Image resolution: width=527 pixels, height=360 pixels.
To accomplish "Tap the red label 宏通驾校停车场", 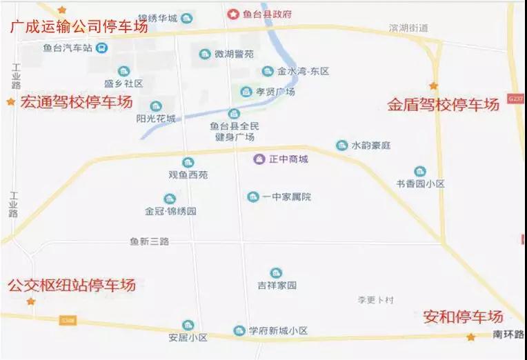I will click(76, 102).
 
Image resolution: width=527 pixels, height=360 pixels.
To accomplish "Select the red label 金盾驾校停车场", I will click(442, 105).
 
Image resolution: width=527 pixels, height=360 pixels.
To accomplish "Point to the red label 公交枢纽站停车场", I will click(71, 285).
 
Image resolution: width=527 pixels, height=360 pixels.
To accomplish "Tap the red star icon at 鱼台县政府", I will click(233, 14).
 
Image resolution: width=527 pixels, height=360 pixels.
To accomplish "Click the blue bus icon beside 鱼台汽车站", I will click(101, 48).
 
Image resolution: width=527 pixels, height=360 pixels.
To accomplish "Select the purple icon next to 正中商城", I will click(259, 159).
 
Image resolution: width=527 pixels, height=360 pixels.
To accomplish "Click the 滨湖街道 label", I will click(408, 28).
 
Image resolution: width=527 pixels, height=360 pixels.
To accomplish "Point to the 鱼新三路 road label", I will click(149, 241).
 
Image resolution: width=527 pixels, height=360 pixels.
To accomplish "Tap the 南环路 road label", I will click(508, 334).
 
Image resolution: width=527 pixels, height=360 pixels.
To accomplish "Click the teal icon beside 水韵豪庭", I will click(341, 146).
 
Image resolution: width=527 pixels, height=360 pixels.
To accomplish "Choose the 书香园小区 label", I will click(420, 184).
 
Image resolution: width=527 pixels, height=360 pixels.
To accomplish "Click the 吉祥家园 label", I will click(277, 285).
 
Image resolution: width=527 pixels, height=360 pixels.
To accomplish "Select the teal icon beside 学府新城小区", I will click(239, 330).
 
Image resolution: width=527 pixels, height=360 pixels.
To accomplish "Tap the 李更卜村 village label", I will click(375, 300).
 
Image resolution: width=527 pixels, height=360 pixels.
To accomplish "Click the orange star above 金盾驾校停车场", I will click(433, 86).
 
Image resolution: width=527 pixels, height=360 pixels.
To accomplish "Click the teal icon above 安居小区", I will click(188, 325).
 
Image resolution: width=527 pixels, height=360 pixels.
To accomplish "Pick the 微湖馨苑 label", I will click(234, 54).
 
